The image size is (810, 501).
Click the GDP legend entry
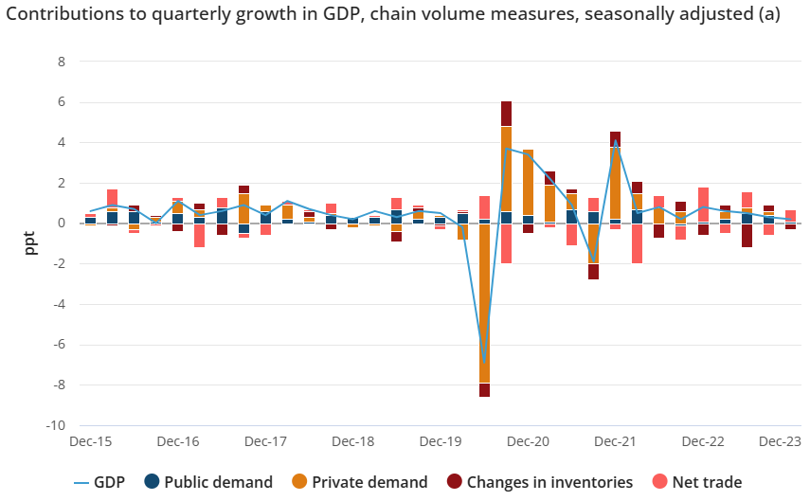(107, 482)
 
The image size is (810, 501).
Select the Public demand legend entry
(208, 482)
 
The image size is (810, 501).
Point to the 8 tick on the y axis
(62, 62)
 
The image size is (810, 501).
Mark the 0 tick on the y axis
(62, 224)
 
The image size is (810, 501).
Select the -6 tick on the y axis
(59, 345)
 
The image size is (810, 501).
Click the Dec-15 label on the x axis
(91, 442)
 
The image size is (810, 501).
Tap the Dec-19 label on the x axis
(441, 442)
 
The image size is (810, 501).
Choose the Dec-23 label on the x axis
(780, 442)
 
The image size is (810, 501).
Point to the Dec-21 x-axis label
(616, 442)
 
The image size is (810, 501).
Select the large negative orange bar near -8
(484, 303)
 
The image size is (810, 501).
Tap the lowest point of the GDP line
(484, 361)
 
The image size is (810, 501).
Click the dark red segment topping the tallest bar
(507, 114)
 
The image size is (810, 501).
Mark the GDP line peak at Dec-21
(616, 141)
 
